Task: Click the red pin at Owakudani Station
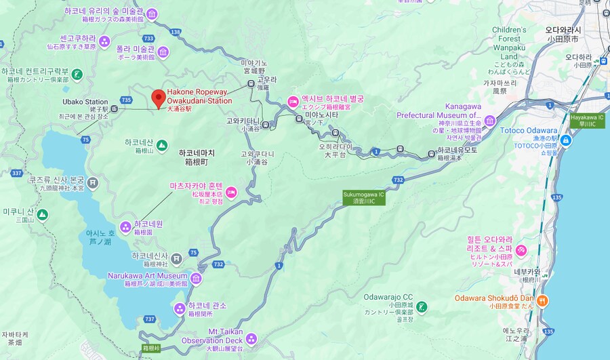[158, 97]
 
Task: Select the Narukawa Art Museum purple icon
[196, 279]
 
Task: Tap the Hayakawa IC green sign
[586, 120]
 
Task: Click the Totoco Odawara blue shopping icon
[565, 140]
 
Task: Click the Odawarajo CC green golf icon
[422, 306]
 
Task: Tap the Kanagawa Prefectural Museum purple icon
[490, 121]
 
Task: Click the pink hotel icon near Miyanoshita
[293, 102]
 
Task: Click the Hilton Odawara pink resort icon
[521, 252]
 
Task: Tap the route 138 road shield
[176, 31]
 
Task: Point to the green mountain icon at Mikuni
[42, 214]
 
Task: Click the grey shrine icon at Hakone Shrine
[176, 258]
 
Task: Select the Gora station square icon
[251, 83]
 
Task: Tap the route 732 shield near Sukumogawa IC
[397, 180]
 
